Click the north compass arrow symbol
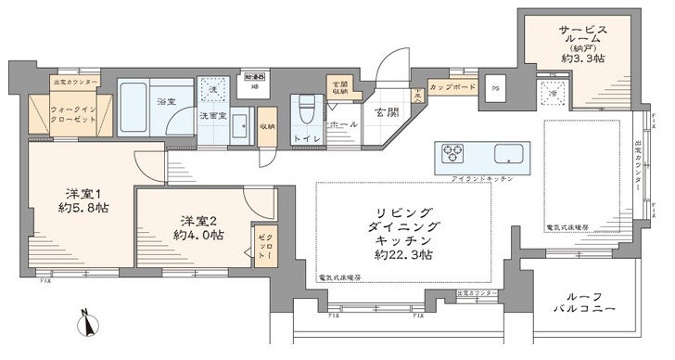click(90, 326)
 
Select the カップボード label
click(454, 88)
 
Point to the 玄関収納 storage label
click(339, 88)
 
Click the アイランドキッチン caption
click(481, 176)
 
